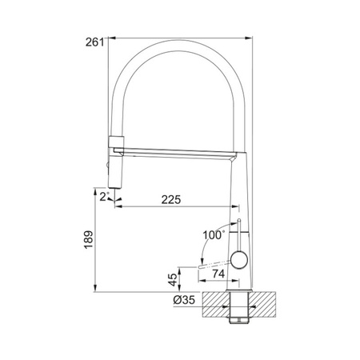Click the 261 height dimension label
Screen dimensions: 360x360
tap(94, 42)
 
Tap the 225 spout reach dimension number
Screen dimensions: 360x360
tap(171, 199)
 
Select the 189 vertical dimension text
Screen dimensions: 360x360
tap(89, 240)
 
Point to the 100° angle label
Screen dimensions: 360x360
tap(214, 235)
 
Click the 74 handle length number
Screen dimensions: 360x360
tap(218, 274)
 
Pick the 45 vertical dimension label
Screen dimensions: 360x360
tap(174, 280)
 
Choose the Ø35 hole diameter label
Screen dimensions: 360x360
tap(184, 300)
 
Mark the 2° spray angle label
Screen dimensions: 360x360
tap(104, 197)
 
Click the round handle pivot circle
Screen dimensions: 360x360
tap(239, 260)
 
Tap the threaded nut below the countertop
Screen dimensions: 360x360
tap(239, 320)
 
